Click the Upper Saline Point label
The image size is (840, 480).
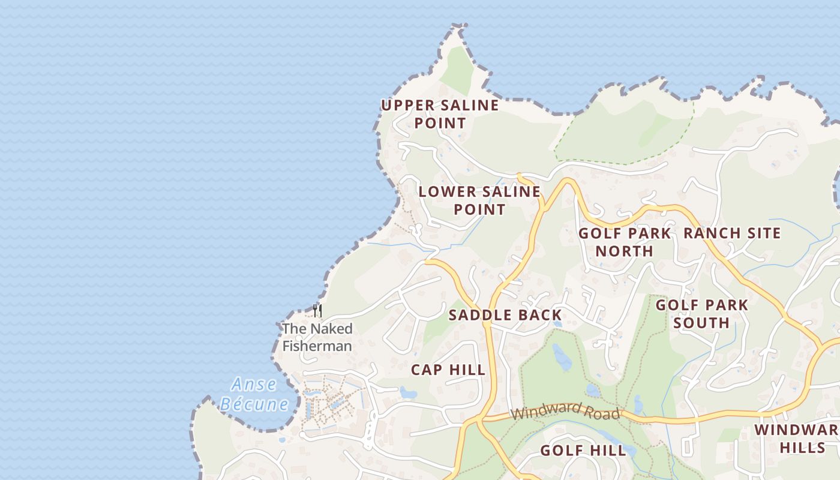[x=440, y=114]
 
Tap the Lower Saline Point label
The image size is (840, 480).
[x=479, y=200]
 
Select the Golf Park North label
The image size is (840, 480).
[x=624, y=242]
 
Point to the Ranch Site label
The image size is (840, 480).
[x=732, y=233]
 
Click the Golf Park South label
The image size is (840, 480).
[x=701, y=314]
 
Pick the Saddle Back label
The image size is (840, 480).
[x=505, y=315]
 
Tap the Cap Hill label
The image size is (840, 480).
[x=448, y=370]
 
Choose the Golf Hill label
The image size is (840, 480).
[x=583, y=451]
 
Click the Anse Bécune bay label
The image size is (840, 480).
[x=254, y=394]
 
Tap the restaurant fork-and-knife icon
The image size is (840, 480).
[x=317, y=310]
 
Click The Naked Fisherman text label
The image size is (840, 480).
[x=317, y=337]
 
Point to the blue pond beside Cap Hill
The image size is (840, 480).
[x=408, y=393]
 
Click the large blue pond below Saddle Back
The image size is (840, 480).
[x=562, y=357]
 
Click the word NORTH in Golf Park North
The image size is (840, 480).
[x=624, y=251]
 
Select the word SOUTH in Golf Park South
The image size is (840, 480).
[x=701, y=323]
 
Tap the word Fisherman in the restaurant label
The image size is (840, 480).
[x=317, y=346]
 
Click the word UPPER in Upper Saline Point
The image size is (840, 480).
[x=408, y=106]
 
